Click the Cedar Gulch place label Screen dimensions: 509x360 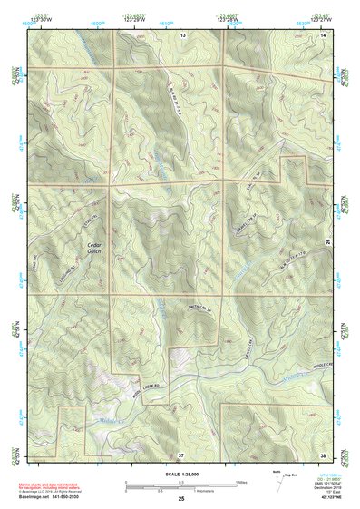point(93,248)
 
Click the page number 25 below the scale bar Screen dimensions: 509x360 point(180,498)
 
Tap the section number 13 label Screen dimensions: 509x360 point(182,34)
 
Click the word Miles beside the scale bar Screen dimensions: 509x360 point(241,481)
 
